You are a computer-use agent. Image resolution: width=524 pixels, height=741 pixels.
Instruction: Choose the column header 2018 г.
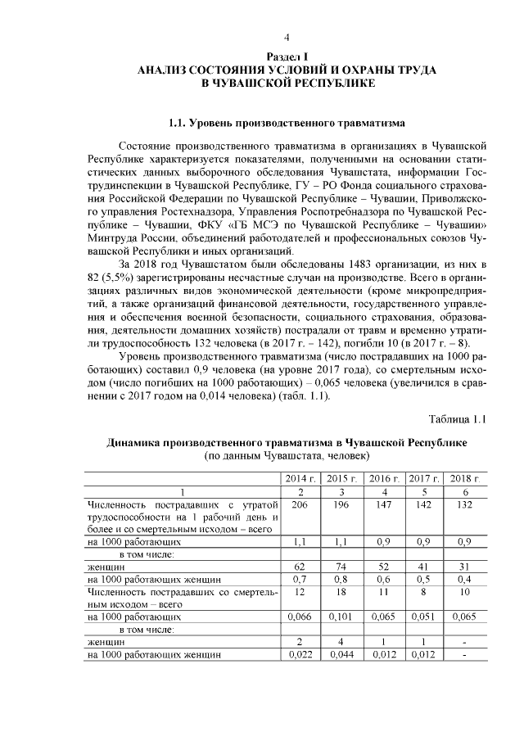[x=464, y=478]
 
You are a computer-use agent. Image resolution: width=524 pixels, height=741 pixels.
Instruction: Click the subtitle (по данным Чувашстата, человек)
[x=287, y=455]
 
